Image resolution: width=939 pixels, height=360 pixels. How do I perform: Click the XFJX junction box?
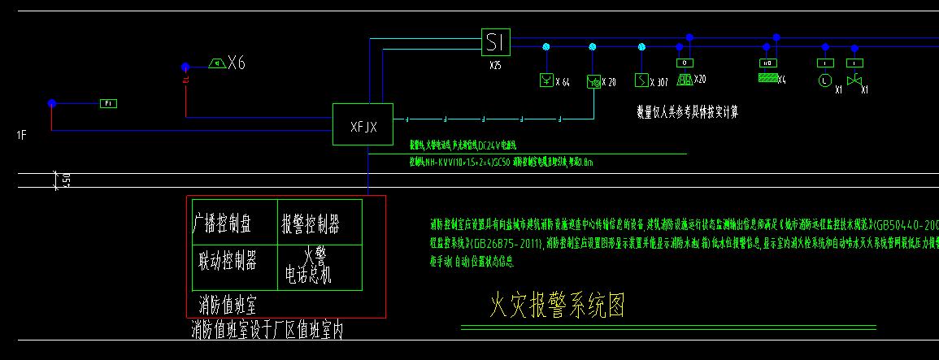click(x=363, y=125)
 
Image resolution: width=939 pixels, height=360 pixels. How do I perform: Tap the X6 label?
click(x=237, y=63)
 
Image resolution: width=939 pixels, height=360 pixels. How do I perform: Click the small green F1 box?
click(x=109, y=103)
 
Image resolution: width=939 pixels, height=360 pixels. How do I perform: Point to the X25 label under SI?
click(x=495, y=63)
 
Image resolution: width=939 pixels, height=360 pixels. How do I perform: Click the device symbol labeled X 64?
click(x=547, y=80)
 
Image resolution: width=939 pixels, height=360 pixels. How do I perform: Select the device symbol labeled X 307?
click(x=641, y=80)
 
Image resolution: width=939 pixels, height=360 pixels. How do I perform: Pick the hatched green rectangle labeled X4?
click(x=767, y=79)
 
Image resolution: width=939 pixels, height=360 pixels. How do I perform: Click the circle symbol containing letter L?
click(x=824, y=80)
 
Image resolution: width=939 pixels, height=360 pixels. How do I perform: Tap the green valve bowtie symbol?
click(x=853, y=80)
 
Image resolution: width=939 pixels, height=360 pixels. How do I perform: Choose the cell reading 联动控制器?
click(x=228, y=261)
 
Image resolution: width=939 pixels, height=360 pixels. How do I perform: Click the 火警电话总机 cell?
click(x=308, y=267)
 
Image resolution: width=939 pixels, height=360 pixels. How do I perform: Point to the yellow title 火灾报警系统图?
click(x=558, y=305)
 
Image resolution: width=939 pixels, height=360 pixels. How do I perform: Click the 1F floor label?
click(x=22, y=136)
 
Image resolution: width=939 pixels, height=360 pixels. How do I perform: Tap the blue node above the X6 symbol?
click(x=185, y=67)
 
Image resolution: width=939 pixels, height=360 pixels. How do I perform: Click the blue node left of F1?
click(x=52, y=103)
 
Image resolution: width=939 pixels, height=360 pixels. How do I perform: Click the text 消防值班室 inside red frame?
click(x=228, y=305)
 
